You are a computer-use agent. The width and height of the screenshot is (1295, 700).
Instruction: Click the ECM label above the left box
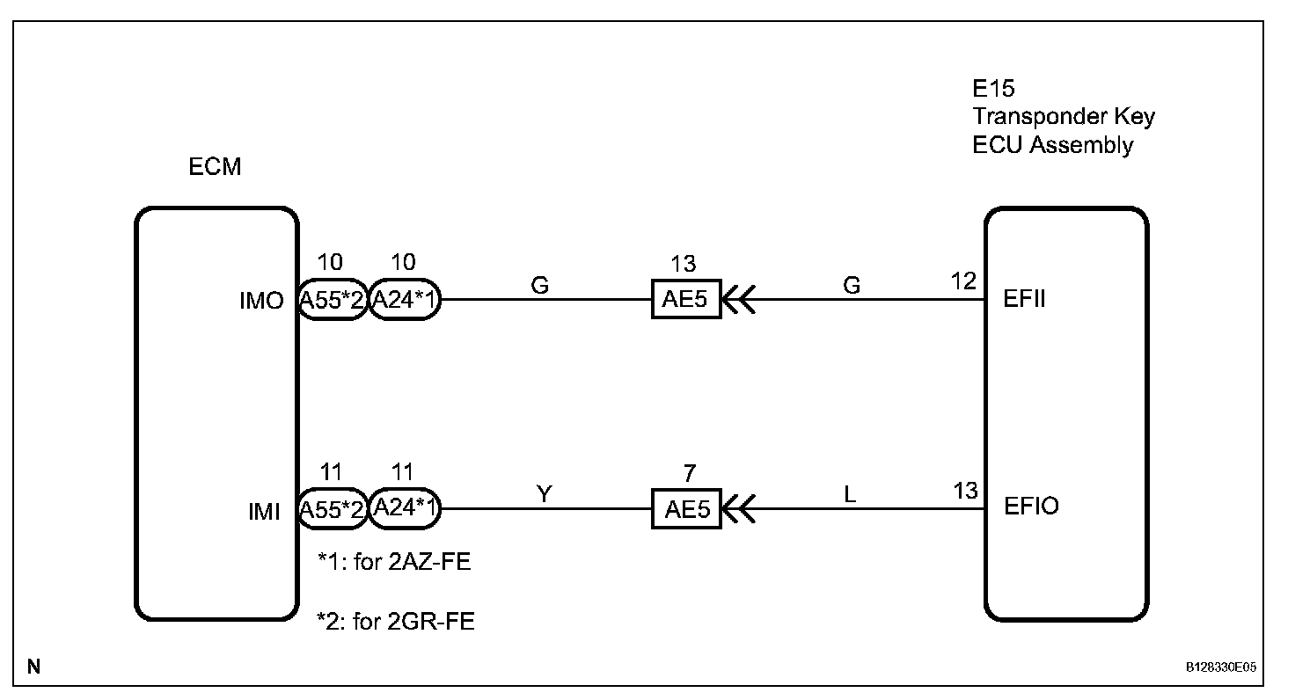pyautogui.click(x=215, y=167)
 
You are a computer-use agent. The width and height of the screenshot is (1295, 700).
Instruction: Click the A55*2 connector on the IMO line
pyautogui.click(x=332, y=301)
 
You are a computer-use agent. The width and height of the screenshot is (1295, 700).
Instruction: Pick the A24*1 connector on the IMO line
pyautogui.click(x=404, y=301)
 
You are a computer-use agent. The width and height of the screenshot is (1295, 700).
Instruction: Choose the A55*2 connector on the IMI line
pyautogui.click(x=332, y=510)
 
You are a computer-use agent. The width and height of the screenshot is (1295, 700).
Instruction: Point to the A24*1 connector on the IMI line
pyautogui.click(x=404, y=508)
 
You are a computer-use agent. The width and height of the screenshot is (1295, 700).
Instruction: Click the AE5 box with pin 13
pyautogui.click(x=686, y=300)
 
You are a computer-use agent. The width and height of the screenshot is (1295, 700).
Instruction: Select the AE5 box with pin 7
pyautogui.click(x=686, y=509)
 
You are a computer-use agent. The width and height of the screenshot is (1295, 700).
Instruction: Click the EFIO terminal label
pyautogui.click(x=1031, y=508)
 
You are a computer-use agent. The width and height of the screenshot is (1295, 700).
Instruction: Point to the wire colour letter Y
pyautogui.click(x=545, y=493)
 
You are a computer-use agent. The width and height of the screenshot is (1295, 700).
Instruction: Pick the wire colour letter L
pyautogui.click(x=850, y=494)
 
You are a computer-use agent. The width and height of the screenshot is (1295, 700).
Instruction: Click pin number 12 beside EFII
pyautogui.click(x=964, y=281)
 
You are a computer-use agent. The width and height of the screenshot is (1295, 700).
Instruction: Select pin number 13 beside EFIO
pyautogui.click(x=964, y=491)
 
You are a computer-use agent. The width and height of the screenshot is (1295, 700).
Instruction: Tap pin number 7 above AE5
pyautogui.click(x=689, y=473)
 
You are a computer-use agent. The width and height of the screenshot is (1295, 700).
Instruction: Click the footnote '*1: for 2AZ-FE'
pyautogui.click(x=394, y=561)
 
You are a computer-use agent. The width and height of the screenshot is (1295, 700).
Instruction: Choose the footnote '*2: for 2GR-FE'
pyautogui.click(x=396, y=623)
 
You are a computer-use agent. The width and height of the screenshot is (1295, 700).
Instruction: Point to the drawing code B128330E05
pyautogui.click(x=1221, y=667)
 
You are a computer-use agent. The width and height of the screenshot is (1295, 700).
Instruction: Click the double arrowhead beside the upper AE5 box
pyautogui.click(x=739, y=301)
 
